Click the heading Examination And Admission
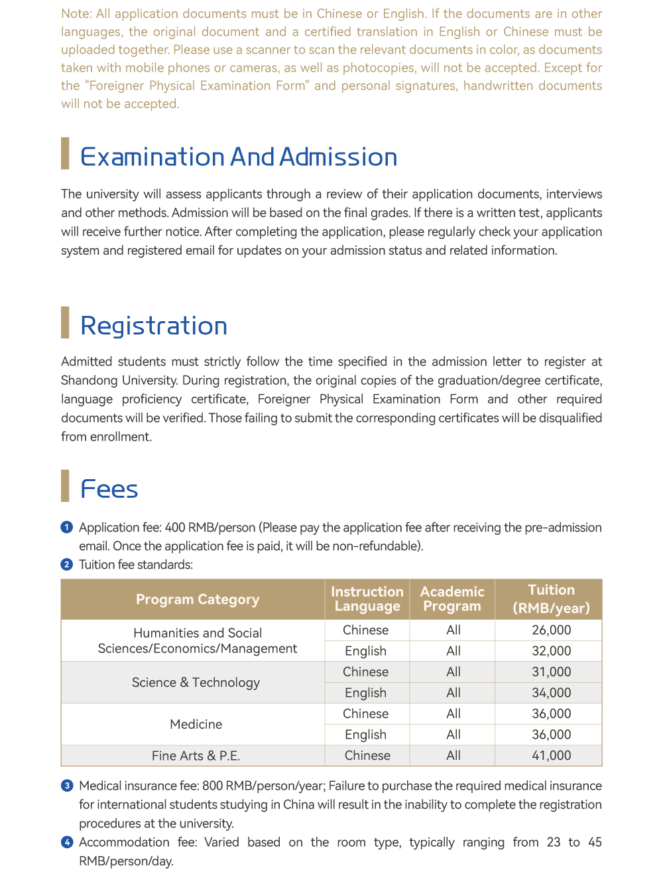tap(239, 157)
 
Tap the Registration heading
tap(154, 326)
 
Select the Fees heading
tap(109, 489)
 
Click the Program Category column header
tap(198, 599)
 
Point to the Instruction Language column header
tap(367, 599)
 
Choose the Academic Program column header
tap(452, 599)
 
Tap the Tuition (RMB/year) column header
tap(551, 599)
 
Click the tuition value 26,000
tap(552, 630)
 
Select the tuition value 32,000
tap(552, 651)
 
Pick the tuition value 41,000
tap(552, 755)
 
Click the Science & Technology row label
tap(196, 682)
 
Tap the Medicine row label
tap(196, 724)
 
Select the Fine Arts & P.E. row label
tap(196, 755)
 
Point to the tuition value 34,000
tap(552, 693)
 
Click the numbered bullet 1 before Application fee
tap(67, 527)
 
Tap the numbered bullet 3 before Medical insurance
tap(67, 786)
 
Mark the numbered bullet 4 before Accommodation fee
tap(67, 842)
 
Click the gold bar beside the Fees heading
tap(65, 486)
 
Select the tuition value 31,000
tap(552, 672)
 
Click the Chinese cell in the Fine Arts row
tap(367, 755)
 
